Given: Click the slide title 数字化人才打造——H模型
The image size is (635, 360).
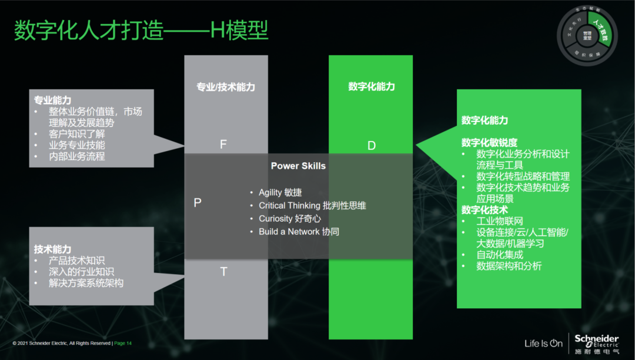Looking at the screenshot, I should click(141, 31).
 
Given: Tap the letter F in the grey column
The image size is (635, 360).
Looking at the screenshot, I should click(223, 144).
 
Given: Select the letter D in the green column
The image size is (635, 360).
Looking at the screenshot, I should click(371, 145).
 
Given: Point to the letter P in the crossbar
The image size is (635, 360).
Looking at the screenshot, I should click(198, 202).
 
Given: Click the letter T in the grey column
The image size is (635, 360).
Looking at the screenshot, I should click(223, 271).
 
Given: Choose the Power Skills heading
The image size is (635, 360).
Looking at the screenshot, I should click(298, 166).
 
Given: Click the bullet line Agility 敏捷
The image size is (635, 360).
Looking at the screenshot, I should click(280, 192).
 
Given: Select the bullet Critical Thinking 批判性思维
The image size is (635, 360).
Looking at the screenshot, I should click(312, 205).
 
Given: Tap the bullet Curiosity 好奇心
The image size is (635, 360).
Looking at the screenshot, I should click(290, 218).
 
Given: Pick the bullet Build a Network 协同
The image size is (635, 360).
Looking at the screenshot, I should click(299, 231).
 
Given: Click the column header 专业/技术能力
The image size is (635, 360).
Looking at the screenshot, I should click(226, 87).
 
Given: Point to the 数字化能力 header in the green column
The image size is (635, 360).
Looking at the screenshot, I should click(372, 86).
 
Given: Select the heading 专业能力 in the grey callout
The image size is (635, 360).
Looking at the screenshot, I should click(53, 101).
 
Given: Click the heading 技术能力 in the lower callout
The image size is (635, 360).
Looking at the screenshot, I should click(53, 249).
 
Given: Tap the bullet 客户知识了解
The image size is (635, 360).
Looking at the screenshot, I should click(77, 134).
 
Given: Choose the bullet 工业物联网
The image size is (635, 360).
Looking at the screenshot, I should click(500, 221).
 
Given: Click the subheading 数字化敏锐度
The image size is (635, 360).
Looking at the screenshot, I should click(489, 142).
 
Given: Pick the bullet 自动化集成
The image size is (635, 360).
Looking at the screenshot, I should click(500, 255).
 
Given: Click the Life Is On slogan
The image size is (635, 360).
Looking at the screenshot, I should click(543, 343).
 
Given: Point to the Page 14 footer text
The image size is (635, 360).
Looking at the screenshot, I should click(122, 343).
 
